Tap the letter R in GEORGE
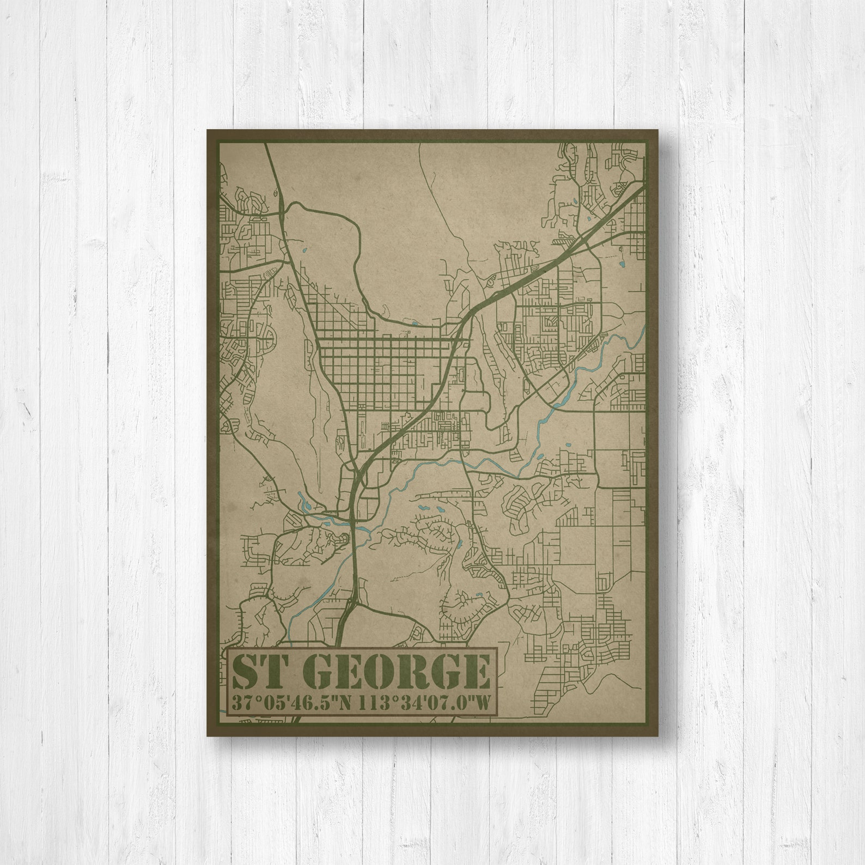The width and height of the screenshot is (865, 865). pos(410,672)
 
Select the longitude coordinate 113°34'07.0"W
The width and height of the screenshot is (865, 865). pos(428,703)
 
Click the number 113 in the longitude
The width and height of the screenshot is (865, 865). pos(377,703)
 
